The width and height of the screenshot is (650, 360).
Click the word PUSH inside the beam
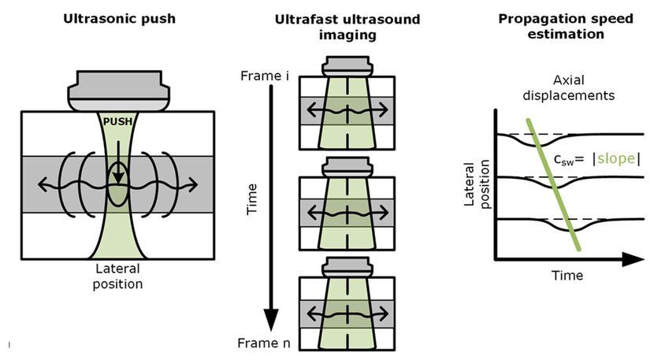117,121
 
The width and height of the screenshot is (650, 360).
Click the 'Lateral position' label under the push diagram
118,276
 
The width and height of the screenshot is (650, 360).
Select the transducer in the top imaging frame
347,66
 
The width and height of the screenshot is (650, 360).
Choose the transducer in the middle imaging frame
347,167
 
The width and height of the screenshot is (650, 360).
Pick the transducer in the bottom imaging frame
347,267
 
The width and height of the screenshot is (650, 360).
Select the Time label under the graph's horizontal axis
567,276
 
